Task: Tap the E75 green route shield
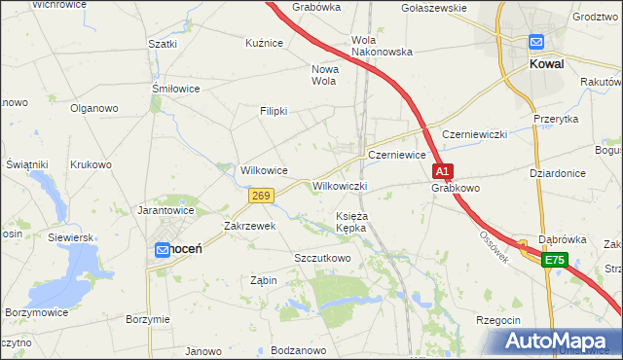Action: [x=555, y=260]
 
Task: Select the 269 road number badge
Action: [x=260, y=196]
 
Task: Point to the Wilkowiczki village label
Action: [x=340, y=186]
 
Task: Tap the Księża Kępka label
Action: [x=350, y=221]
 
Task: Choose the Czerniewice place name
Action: [x=396, y=155]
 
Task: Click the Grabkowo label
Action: [x=457, y=188]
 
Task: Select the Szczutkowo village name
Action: [x=322, y=258]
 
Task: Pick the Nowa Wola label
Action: [x=323, y=75]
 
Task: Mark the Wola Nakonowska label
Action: [x=382, y=46]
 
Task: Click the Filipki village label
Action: [x=274, y=111]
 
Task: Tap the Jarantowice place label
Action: [x=166, y=209]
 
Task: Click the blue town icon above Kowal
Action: [x=536, y=43]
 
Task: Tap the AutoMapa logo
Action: [x=558, y=342]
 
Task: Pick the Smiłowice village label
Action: [x=176, y=89]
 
